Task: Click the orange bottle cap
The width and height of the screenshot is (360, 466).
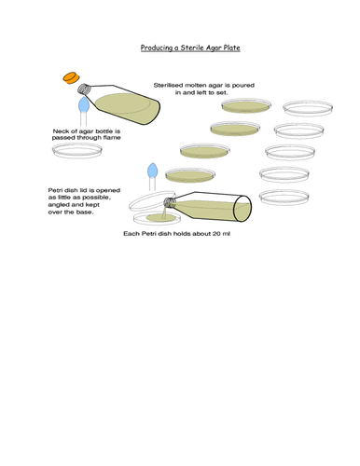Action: [69, 76]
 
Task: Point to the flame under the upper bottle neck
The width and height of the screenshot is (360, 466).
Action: [85, 105]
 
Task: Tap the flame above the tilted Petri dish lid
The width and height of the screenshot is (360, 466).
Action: [153, 171]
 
